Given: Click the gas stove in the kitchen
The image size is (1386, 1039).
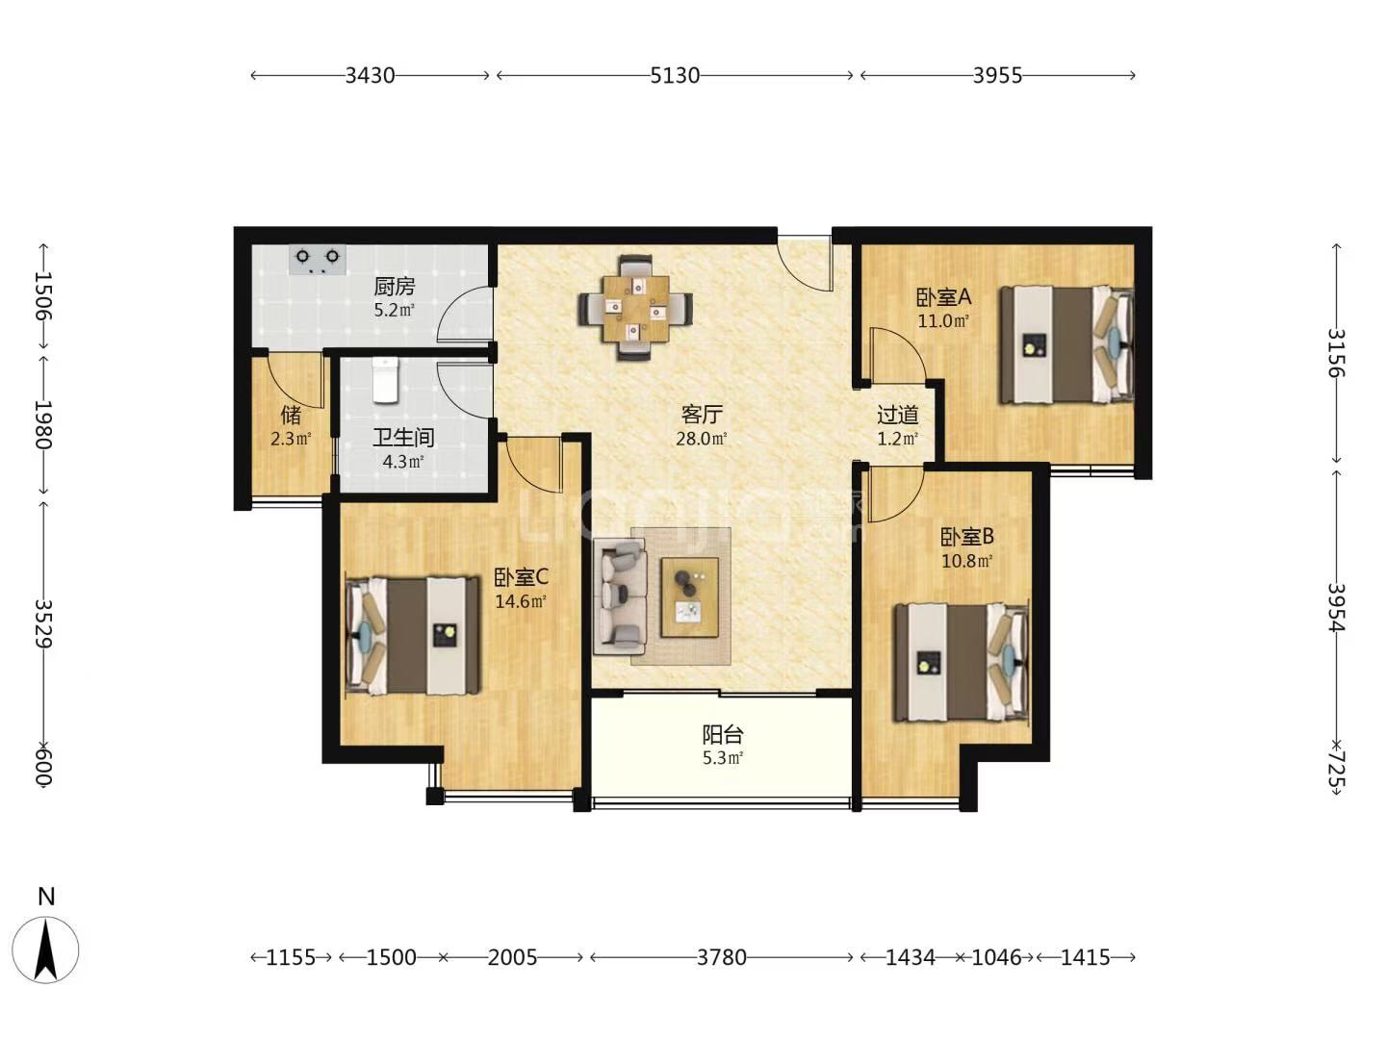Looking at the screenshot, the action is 318,260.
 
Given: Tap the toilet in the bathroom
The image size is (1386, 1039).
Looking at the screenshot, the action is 385,380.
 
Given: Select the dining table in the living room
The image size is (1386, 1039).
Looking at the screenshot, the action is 635,308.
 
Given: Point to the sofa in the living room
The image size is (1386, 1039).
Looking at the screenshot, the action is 620,596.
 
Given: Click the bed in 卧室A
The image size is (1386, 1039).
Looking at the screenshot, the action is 1065,344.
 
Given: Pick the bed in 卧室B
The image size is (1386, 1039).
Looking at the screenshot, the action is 961,663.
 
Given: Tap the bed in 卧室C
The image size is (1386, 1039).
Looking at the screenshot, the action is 413,636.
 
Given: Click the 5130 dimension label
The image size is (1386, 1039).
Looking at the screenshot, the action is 675,76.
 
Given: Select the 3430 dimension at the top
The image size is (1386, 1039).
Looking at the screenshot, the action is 370,76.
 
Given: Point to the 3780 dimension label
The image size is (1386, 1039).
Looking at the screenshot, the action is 722,957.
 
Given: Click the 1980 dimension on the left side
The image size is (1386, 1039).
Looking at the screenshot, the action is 43,424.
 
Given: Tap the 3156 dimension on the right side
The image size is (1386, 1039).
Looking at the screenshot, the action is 1336,353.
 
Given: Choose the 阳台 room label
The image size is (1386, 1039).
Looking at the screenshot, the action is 723,734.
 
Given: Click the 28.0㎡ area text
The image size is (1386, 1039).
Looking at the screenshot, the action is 702,439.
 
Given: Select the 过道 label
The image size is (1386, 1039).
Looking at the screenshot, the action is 897,415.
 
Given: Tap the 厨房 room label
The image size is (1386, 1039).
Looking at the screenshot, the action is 394,287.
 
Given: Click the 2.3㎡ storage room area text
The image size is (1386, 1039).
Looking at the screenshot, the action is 291,439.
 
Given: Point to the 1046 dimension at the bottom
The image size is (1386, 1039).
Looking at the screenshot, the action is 996,957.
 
